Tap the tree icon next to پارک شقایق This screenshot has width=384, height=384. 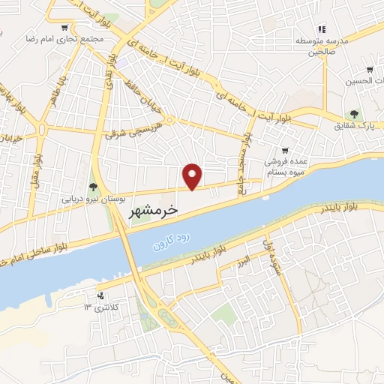(351, 115)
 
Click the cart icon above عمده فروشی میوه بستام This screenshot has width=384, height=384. (284, 151)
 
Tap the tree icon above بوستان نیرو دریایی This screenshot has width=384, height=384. (93, 187)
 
